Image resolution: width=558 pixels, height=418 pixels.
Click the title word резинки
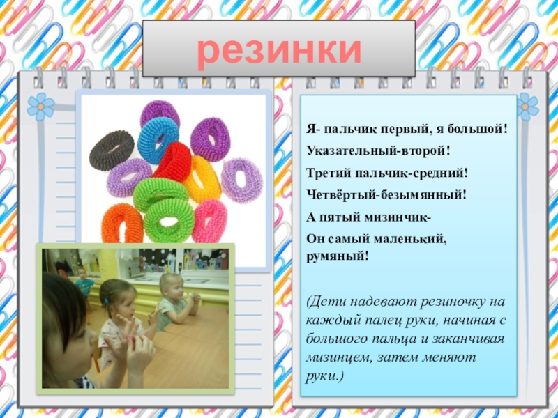point(279,49)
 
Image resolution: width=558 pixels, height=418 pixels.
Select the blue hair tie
point(158,139)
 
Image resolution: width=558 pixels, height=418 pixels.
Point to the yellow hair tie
point(202,179)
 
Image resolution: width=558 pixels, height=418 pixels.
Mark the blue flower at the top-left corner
point(40,106)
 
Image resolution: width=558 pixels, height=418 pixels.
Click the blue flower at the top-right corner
point(528,106)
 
